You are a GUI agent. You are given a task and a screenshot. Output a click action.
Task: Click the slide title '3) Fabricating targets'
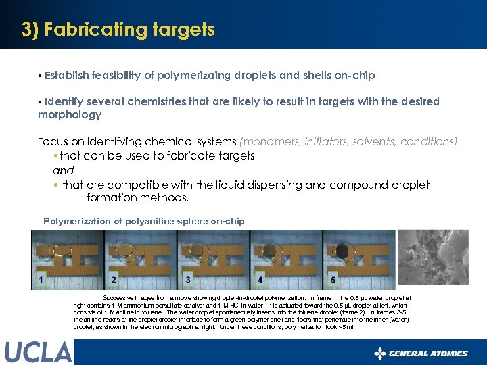(x=118, y=30)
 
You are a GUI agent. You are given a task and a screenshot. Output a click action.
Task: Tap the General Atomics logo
(x=421, y=353)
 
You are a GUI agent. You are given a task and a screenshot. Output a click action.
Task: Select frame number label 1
(x=42, y=278)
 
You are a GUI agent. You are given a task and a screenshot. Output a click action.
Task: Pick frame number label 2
(x=113, y=279)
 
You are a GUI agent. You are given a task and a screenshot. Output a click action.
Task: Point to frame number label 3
(x=187, y=279)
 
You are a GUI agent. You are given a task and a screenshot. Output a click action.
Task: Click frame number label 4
(x=260, y=279)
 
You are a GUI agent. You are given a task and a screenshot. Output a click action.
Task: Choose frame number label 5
(x=332, y=279)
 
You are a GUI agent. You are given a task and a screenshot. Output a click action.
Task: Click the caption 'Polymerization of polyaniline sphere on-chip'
(x=143, y=221)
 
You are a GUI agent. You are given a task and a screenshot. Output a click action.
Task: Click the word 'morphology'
(x=69, y=115)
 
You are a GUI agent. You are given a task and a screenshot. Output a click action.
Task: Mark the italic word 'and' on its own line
(x=63, y=170)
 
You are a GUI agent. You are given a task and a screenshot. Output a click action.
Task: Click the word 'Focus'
(x=53, y=142)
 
